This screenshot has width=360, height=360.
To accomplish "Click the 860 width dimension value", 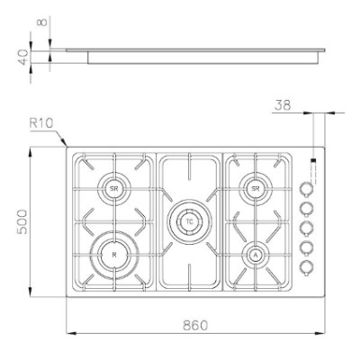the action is [x=195, y=325].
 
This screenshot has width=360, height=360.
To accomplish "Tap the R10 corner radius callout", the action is [x=41, y=123].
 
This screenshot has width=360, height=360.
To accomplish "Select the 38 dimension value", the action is [x=283, y=105].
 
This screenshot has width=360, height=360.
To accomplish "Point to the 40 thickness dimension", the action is [x=23, y=57].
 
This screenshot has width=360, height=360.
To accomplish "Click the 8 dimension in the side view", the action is [x=42, y=22].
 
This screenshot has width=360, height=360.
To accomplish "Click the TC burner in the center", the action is [x=189, y=221].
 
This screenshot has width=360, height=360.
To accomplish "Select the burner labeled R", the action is [x=114, y=255].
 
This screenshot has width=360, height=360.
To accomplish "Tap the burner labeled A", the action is [x=256, y=256].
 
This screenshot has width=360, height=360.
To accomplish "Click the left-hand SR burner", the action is [x=114, y=188].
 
